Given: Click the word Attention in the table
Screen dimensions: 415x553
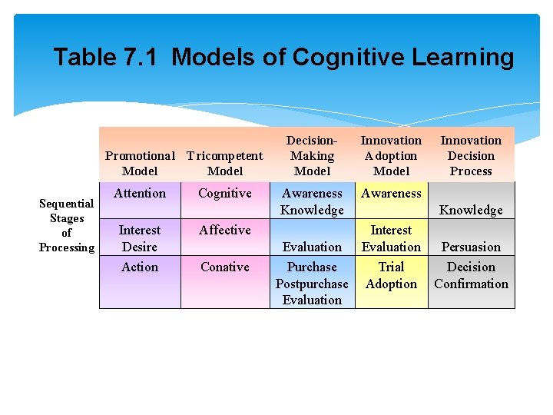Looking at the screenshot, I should [x=140, y=194].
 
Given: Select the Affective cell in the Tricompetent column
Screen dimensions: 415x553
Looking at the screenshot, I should [x=224, y=230].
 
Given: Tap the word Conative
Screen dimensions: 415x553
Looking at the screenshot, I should [x=224, y=267].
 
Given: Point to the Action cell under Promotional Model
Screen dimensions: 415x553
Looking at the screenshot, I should [x=140, y=267].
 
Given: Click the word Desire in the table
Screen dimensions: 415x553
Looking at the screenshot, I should [x=140, y=247].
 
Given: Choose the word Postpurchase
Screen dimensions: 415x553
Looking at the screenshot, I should [x=312, y=284].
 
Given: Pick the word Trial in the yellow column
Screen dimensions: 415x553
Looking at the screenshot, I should [x=391, y=267].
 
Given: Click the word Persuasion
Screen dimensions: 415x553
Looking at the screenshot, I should [x=471, y=247].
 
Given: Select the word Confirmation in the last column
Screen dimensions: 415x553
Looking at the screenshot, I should [x=471, y=284].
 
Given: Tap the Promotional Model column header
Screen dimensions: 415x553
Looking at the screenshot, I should [x=140, y=164].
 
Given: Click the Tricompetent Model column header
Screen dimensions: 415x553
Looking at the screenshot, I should [x=224, y=164].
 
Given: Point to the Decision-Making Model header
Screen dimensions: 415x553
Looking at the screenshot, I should [x=312, y=156].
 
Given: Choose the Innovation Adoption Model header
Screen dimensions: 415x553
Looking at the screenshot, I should [x=391, y=156].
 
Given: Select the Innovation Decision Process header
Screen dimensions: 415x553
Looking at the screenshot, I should [x=471, y=156].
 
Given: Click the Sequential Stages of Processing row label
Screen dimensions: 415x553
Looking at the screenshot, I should [x=67, y=225].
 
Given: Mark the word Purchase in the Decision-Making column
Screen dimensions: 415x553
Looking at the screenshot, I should [x=312, y=267].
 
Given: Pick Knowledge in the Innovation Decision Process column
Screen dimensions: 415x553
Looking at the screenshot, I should [x=471, y=211].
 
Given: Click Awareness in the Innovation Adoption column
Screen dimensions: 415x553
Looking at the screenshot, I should [x=391, y=194].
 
